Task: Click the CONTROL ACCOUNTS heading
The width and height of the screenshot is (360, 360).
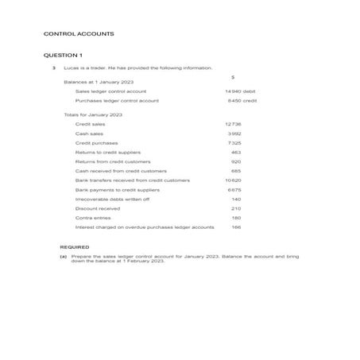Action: point(78,34)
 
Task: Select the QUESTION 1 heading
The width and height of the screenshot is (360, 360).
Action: point(62,56)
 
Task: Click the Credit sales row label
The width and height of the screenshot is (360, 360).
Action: point(90,124)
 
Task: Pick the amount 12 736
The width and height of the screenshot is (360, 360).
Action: point(233,124)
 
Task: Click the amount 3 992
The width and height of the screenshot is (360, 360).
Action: point(234,134)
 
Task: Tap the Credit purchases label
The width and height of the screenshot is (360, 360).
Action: point(95,143)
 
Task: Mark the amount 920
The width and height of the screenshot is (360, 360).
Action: point(236,161)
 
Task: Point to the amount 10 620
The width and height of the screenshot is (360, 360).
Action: point(233,180)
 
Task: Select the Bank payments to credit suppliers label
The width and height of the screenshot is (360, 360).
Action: point(117,190)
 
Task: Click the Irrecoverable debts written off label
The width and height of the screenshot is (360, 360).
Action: point(112,199)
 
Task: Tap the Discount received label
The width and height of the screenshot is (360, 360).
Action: point(97,208)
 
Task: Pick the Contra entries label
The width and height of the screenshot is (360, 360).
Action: point(93,218)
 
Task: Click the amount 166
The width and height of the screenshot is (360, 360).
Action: point(236,227)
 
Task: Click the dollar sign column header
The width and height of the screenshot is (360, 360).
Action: point(231,77)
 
